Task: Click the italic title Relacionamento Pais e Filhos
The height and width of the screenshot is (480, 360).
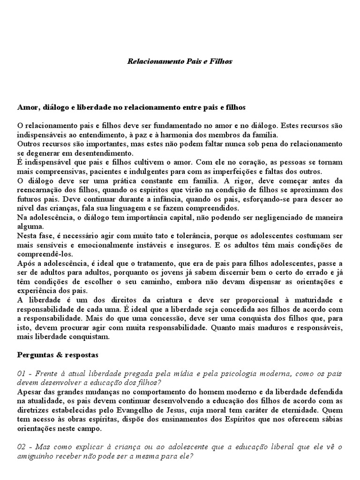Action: click(180, 61)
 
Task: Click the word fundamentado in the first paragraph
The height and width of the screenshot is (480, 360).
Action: click(151, 126)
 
